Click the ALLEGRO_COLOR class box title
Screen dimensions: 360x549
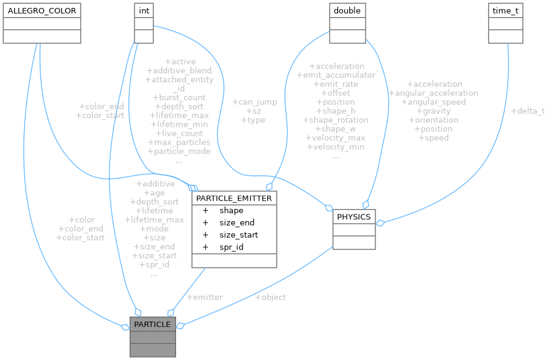[x=42, y=10]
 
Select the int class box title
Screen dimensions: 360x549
[x=144, y=10]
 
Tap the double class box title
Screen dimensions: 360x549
[x=347, y=10]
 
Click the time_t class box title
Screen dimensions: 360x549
[x=506, y=10]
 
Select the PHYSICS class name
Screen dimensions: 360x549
[x=354, y=216]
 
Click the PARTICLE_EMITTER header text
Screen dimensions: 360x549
[x=234, y=198]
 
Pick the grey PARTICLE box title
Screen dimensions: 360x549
[x=152, y=324]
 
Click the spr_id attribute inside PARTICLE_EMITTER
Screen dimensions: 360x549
[x=232, y=247]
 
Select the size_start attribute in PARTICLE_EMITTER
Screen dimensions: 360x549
[x=238, y=235]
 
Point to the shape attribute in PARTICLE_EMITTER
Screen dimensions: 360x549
[x=231, y=210]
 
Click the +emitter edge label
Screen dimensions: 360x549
[x=204, y=297]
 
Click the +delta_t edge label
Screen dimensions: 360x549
[x=528, y=111]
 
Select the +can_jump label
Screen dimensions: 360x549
[x=254, y=101]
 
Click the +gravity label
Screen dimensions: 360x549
[x=433, y=111]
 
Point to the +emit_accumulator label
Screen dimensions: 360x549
[x=336, y=75]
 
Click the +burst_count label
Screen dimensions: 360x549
[x=179, y=97]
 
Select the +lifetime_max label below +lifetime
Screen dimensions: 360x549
[x=154, y=219]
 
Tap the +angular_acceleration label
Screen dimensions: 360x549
[x=433, y=93]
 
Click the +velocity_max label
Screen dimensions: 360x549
[x=336, y=138]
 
